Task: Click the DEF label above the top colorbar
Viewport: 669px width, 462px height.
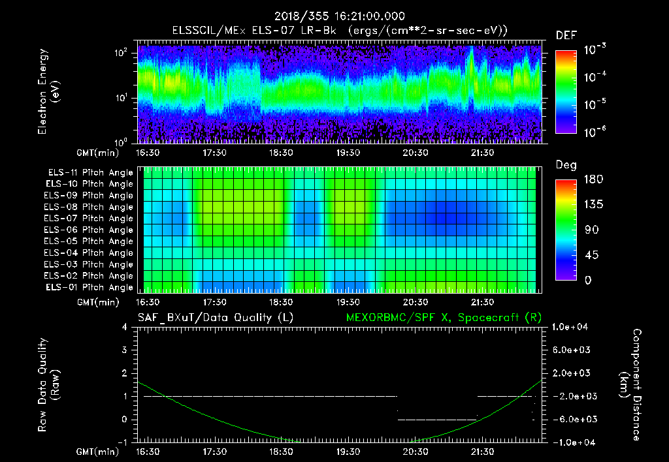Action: (x=566, y=35)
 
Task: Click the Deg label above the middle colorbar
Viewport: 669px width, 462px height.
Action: (x=566, y=165)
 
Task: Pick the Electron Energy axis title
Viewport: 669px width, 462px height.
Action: (x=48, y=92)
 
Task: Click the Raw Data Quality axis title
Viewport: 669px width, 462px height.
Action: (x=48, y=385)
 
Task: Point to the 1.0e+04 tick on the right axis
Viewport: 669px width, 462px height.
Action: (x=572, y=326)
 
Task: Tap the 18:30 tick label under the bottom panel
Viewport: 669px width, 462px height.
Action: (x=281, y=451)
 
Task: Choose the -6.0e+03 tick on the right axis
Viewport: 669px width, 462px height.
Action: (x=572, y=419)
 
